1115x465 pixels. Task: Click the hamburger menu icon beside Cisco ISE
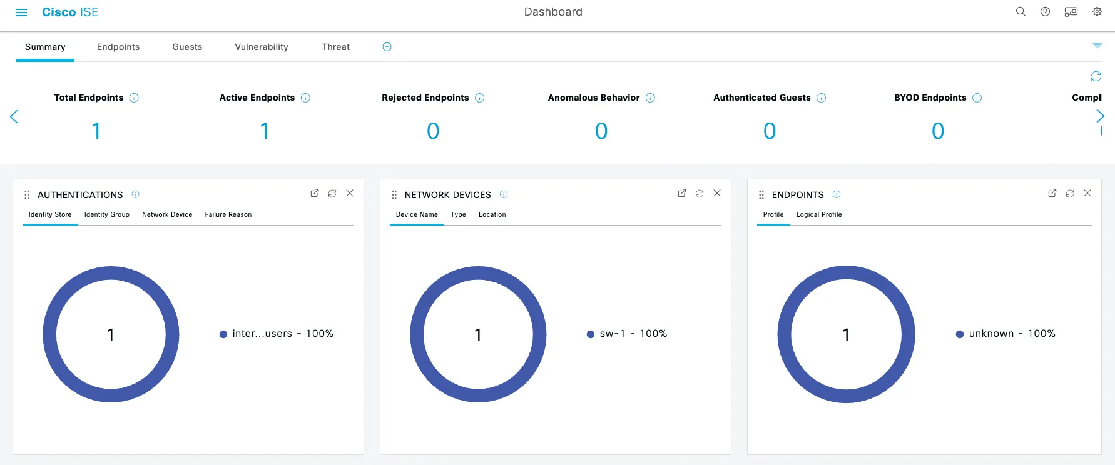(21, 12)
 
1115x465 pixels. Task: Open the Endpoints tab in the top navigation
(118, 47)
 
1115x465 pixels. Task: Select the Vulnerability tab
(262, 47)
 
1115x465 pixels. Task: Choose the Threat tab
(336, 47)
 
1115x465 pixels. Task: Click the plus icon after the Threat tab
(387, 47)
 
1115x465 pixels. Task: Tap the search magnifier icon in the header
(1021, 12)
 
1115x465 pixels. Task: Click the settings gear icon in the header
(1097, 12)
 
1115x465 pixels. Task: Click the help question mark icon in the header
(1045, 12)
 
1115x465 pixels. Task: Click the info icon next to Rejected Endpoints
(480, 97)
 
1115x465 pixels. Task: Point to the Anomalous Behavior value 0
(601, 131)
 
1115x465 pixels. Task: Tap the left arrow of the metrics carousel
(14, 117)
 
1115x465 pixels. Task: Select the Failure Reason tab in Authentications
(228, 214)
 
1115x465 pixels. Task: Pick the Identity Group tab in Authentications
(107, 214)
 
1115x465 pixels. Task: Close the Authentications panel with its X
(350, 193)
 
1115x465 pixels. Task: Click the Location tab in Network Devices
(492, 214)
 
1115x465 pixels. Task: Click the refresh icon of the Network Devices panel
(700, 194)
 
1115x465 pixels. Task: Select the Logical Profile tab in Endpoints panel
(819, 214)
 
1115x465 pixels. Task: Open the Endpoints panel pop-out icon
(1052, 194)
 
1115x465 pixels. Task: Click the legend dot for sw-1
(591, 334)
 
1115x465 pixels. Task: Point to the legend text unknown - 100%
(1012, 334)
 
